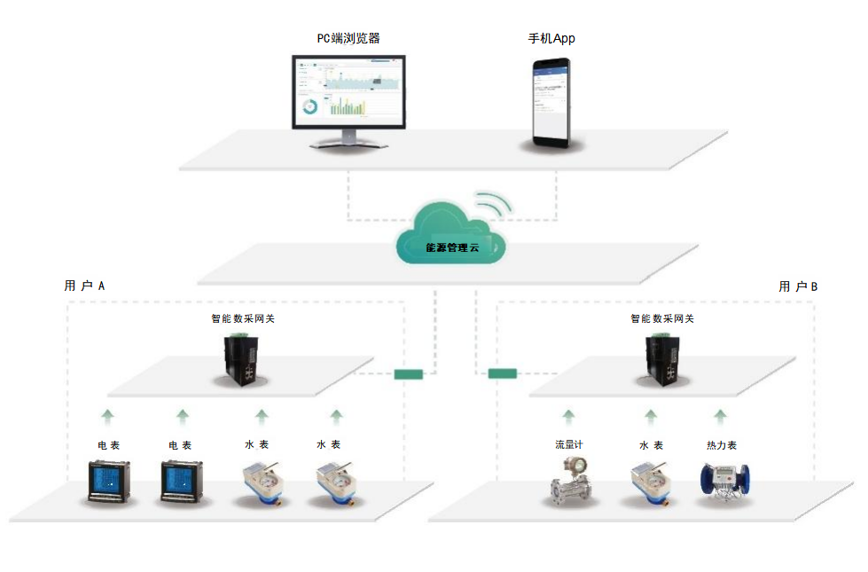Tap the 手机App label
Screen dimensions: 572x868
pos(551,38)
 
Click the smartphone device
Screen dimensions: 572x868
pos(551,103)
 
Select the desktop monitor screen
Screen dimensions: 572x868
pos(349,90)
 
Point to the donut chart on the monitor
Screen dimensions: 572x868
pos(310,106)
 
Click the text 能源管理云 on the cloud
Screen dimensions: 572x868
pos(450,247)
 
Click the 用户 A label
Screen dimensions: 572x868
pos(85,286)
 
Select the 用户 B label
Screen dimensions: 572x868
pos(798,286)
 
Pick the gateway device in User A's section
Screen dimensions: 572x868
pos(240,358)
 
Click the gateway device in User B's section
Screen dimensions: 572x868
pos(661,358)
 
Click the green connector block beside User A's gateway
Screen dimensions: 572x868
pos(409,373)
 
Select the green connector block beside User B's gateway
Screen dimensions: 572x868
pos(502,373)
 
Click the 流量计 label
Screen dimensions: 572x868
pos(568,444)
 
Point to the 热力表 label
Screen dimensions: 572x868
pos(721,445)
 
